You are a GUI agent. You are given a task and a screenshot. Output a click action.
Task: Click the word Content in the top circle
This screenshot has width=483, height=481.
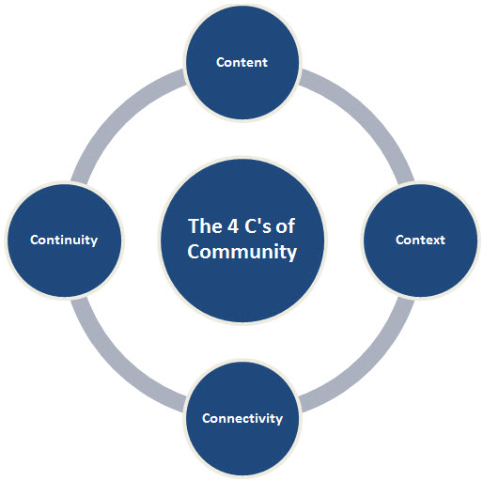coord(241,62)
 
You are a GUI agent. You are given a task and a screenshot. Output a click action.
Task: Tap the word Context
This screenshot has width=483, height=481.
coord(420,240)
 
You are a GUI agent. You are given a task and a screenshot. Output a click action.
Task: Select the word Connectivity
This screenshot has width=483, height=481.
coord(242,418)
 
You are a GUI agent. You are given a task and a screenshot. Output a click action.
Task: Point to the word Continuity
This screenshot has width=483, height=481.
coord(64,240)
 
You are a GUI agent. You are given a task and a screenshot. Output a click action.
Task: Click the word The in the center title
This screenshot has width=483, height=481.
coord(204,225)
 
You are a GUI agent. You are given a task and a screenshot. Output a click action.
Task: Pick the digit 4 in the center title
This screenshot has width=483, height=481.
coord(233,226)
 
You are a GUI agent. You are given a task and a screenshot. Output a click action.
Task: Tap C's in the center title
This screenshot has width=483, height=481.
coord(257,225)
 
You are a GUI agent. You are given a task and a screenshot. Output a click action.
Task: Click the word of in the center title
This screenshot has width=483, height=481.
coord(285,225)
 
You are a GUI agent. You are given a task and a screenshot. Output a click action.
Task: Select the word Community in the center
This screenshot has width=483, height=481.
coord(242,253)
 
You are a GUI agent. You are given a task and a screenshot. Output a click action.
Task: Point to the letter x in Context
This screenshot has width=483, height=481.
coord(435,240)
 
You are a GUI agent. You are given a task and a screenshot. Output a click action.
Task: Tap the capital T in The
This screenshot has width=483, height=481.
coord(194,226)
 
